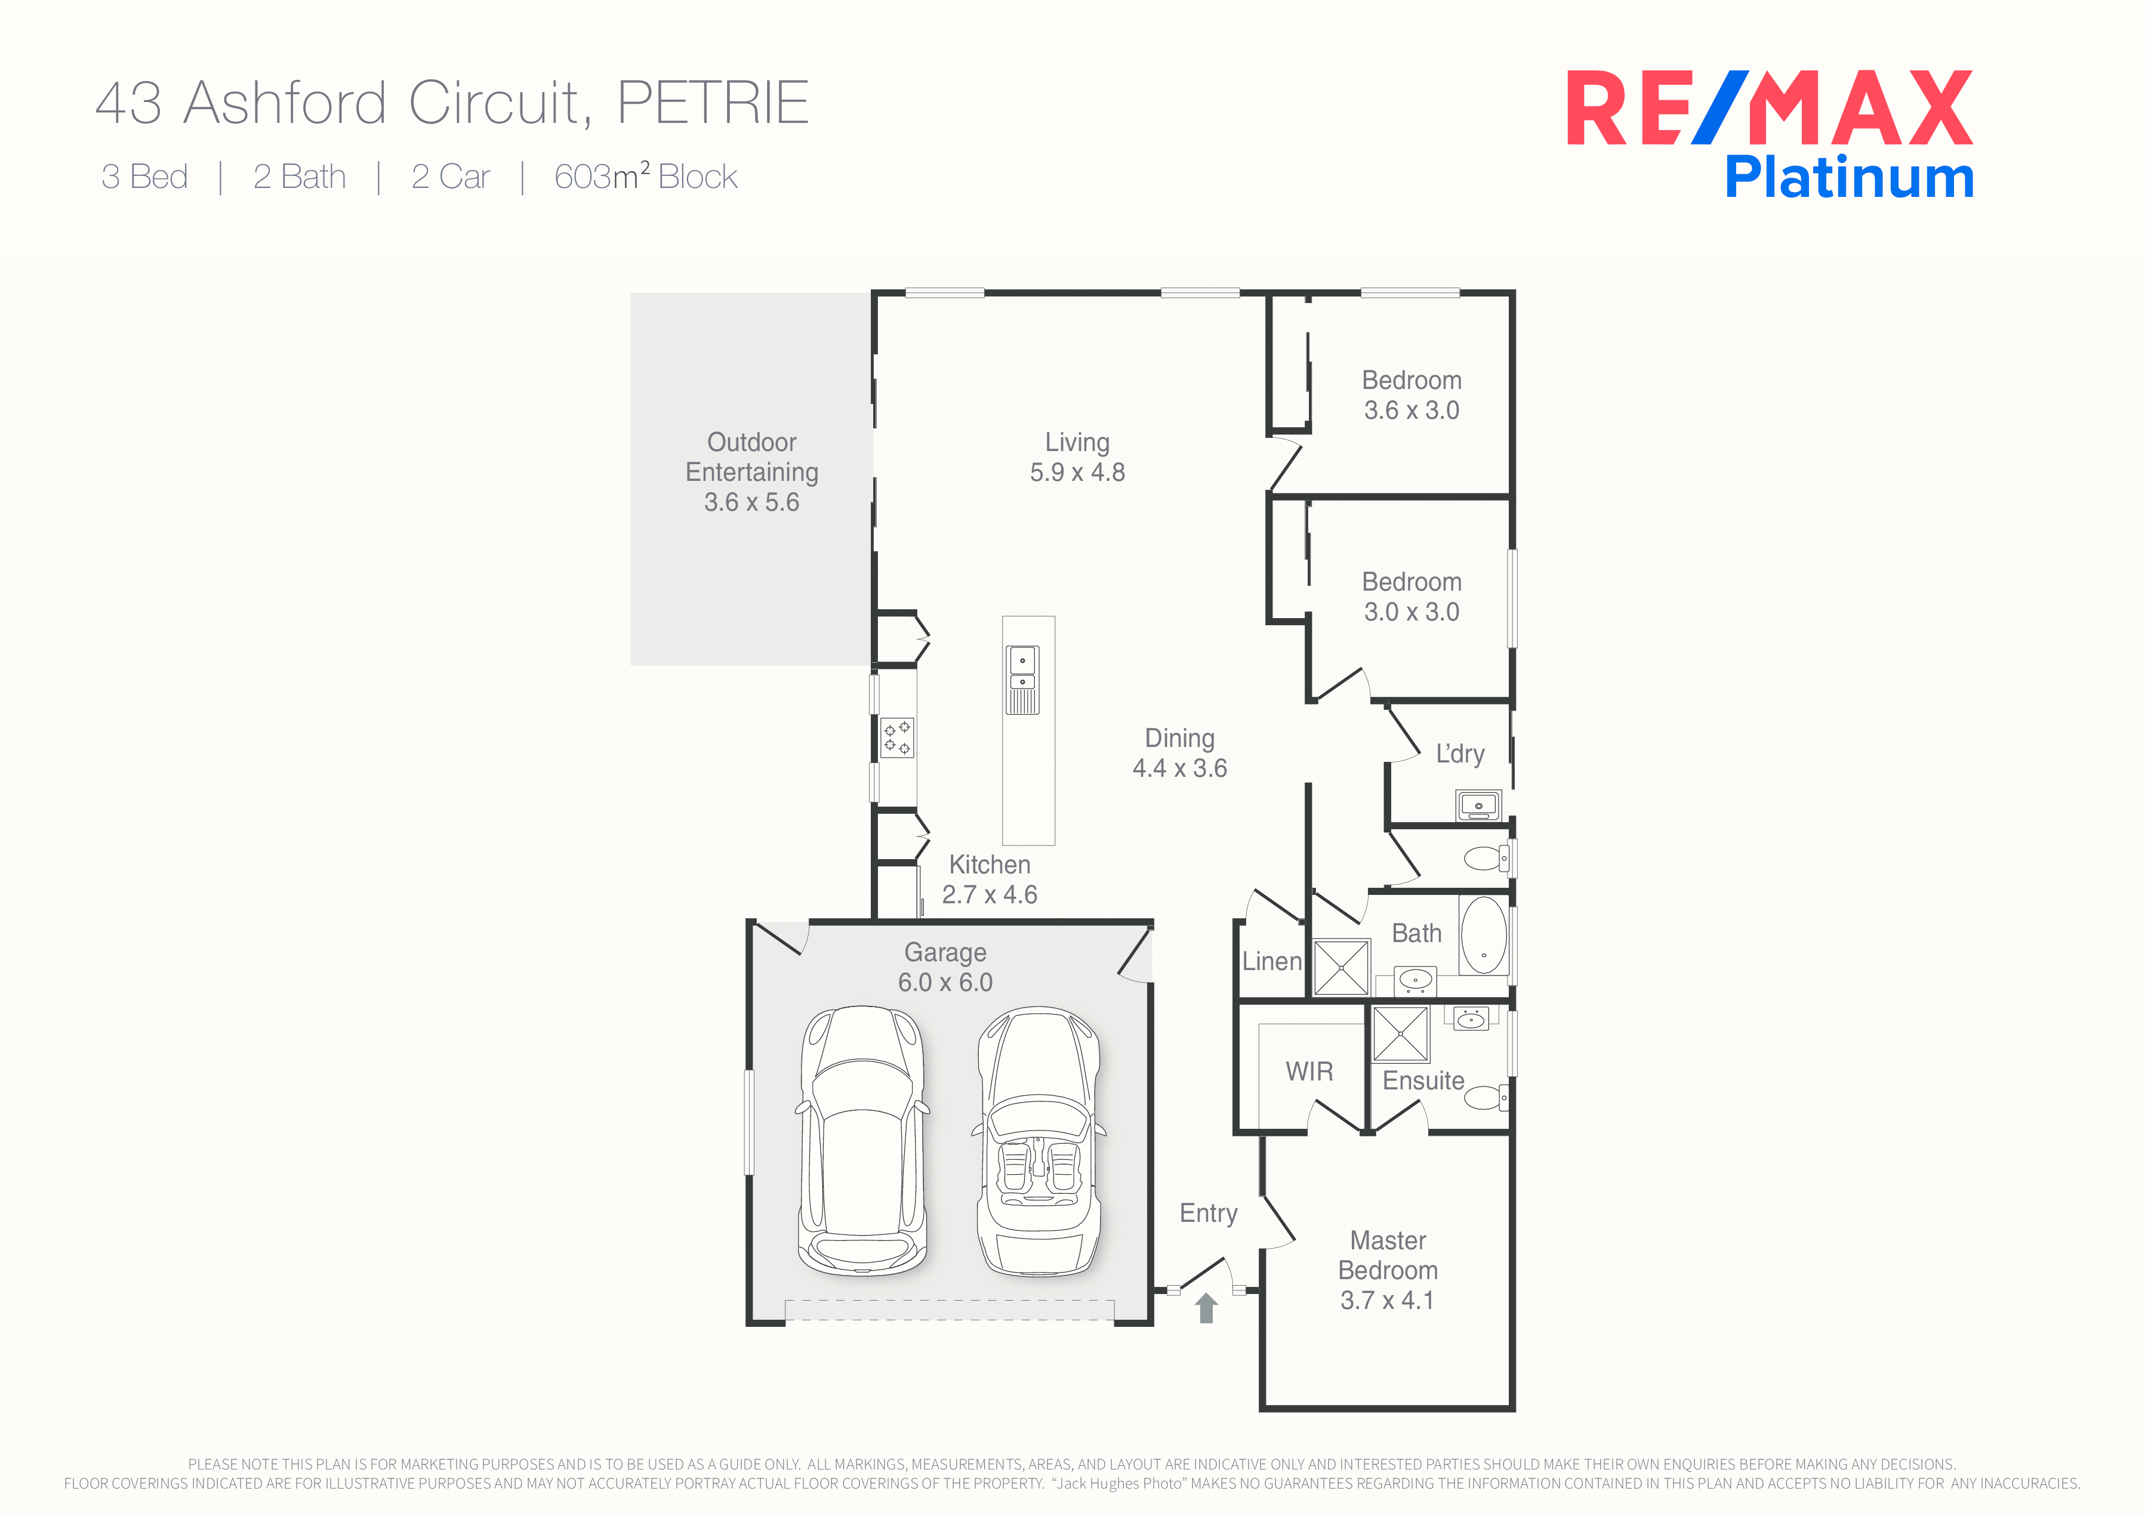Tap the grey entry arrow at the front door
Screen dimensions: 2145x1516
tap(1206, 1308)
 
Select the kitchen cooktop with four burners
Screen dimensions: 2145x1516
tap(898, 737)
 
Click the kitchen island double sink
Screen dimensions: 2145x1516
tap(1022, 680)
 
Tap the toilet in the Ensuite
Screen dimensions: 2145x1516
tap(1486, 1097)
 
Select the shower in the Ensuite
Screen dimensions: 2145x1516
tap(1400, 1034)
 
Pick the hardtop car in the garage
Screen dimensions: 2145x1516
tap(862, 1141)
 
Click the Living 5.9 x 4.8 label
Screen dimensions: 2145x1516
tap(1077, 457)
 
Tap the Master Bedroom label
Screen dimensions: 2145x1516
tap(1388, 1270)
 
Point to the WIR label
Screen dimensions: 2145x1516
tap(1309, 1072)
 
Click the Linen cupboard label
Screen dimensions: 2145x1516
tap(1271, 961)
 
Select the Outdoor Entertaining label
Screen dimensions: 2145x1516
tap(752, 472)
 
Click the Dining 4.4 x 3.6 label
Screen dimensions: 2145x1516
tap(1180, 753)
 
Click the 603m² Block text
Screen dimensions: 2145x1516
tap(646, 175)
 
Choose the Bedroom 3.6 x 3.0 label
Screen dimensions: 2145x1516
tap(1411, 395)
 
